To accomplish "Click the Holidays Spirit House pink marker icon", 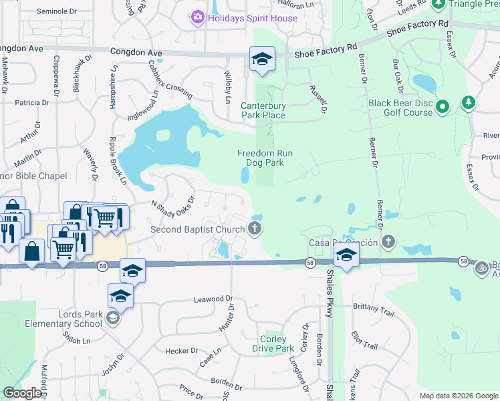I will point(197,18).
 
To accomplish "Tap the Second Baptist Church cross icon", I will point(254,229).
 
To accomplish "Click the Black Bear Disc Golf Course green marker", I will point(442,107).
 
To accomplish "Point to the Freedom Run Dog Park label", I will point(265,158).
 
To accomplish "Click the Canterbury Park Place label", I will point(263,110).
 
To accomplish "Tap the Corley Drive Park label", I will point(273,344).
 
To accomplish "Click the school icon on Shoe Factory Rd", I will point(262,59).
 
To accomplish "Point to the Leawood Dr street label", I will point(213,299).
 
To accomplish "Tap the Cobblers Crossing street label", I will point(170,80).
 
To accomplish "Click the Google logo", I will point(22,393).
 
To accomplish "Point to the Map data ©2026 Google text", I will point(459,396).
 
